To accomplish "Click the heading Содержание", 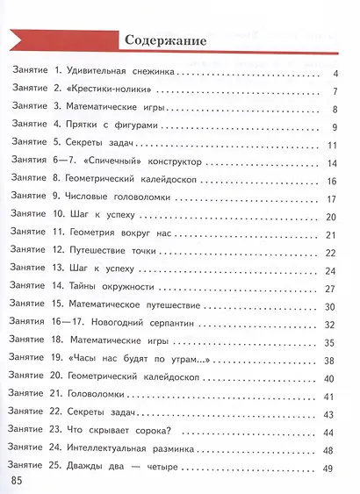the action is point(165,40).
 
